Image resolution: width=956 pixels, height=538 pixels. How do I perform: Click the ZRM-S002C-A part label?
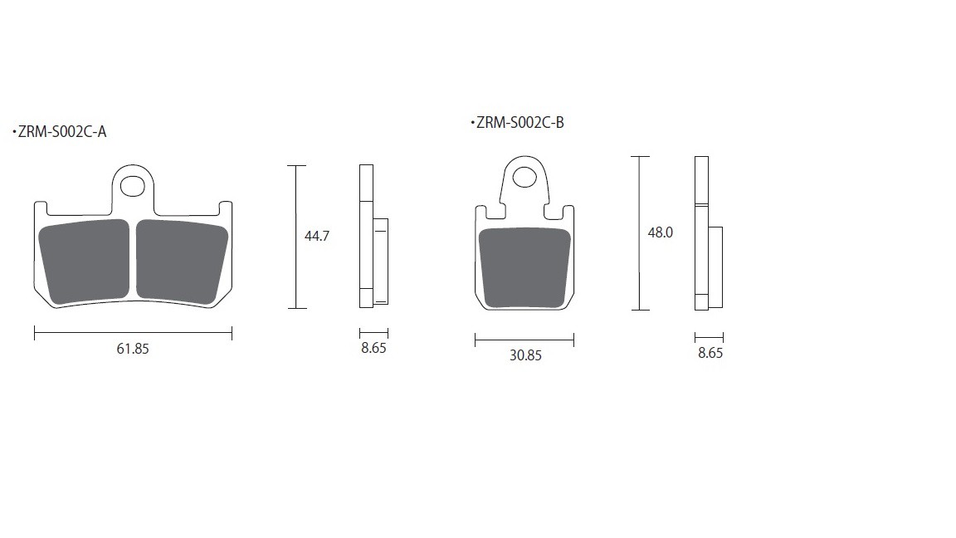[62, 132]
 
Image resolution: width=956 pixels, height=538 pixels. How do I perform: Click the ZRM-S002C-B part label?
[520, 123]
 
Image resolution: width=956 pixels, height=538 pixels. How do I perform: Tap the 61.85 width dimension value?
[133, 349]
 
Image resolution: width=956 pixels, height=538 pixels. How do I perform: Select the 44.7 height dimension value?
[317, 236]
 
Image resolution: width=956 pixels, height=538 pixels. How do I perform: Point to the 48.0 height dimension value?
[661, 232]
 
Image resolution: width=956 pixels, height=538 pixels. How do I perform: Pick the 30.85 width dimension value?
[525, 355]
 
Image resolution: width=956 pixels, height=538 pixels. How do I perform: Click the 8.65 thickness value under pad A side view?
[373, 348]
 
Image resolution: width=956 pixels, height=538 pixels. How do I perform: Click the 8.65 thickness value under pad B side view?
[710, 353]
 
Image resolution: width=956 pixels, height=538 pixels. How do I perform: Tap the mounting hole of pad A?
[132, 186]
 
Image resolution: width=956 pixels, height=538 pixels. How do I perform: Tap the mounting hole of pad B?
[524, 177]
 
